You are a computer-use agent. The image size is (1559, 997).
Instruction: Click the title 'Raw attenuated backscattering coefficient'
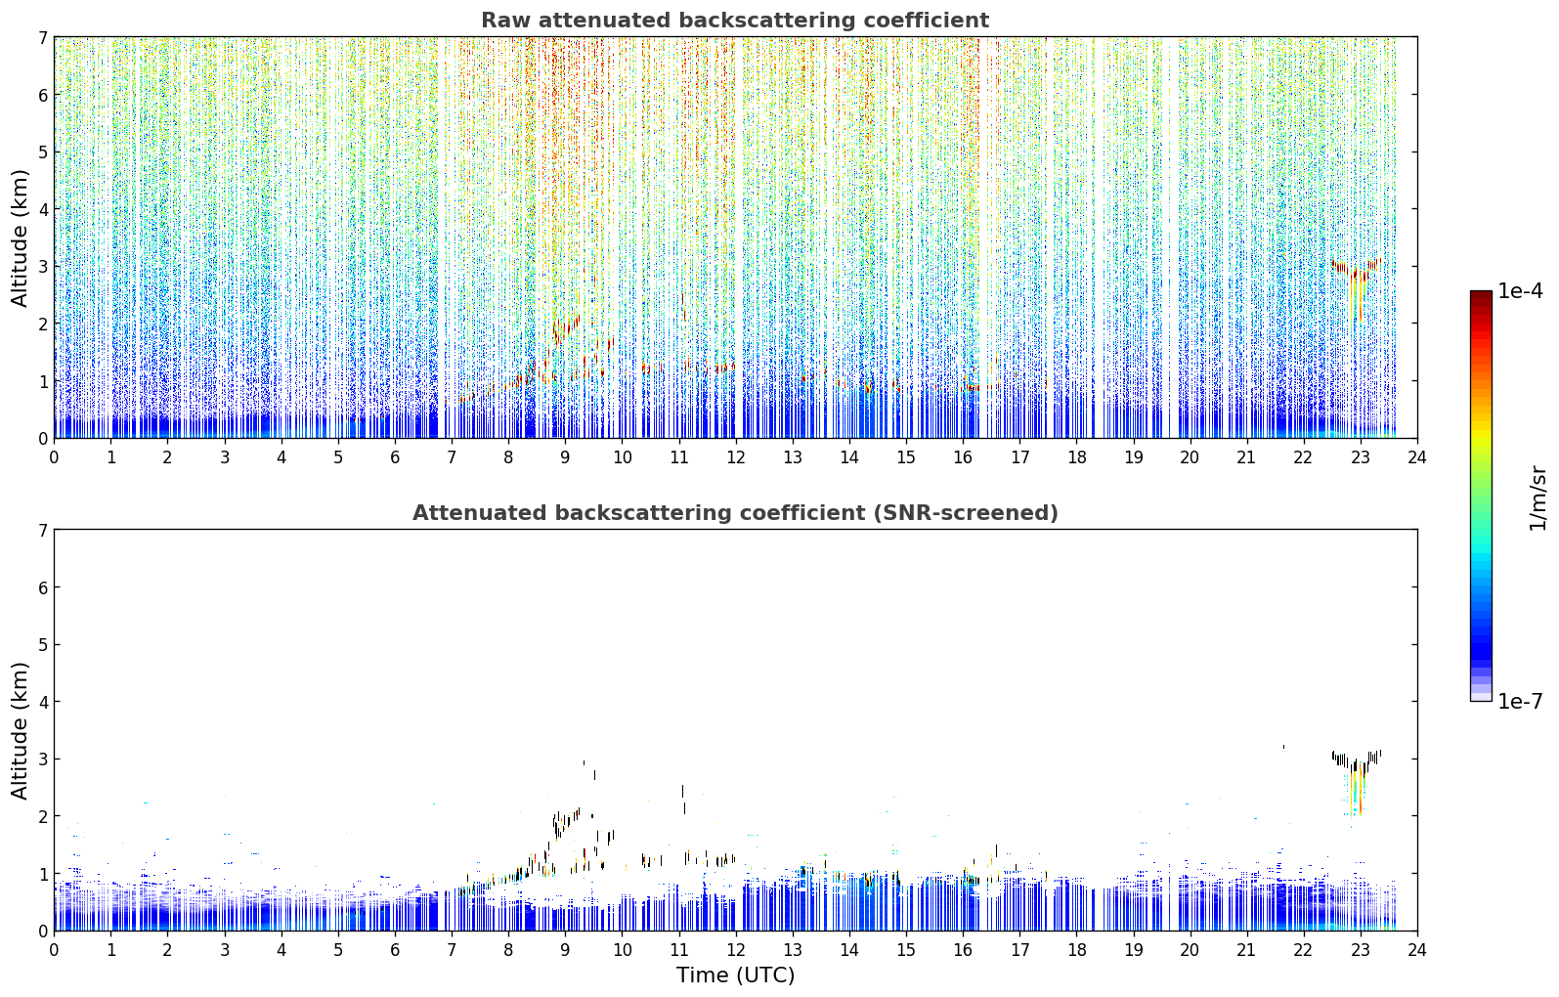[735, 21]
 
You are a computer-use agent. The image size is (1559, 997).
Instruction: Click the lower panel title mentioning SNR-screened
[735, 512]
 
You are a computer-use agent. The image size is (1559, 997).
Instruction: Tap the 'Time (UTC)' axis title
[735, 975]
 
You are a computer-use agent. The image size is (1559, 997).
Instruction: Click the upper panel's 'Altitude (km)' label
[20, 238]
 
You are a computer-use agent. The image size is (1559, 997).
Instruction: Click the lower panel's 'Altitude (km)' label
[20, 730]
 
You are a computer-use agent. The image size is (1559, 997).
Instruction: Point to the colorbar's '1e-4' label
[1520, 291]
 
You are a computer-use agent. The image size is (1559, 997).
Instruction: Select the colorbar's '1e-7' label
[1520, 701]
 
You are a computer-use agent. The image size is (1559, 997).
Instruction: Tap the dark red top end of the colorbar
[1481, 294]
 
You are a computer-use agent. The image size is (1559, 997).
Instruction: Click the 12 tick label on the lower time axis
[736, 950]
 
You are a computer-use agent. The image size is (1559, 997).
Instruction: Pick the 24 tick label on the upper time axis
[1417, 457]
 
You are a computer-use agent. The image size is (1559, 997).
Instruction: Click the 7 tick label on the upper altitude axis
[42, 37]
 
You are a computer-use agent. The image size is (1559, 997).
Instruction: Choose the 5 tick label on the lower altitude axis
[42, 645]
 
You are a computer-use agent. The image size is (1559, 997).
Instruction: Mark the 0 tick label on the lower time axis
[55, 950]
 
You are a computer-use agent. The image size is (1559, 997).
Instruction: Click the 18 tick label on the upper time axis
[1077, 457]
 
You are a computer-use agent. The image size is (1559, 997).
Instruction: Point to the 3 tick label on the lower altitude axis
[42, 759]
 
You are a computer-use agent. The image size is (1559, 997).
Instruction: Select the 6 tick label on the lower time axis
[395, 950]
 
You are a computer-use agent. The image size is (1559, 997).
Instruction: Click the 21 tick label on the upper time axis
[1246, 457]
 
